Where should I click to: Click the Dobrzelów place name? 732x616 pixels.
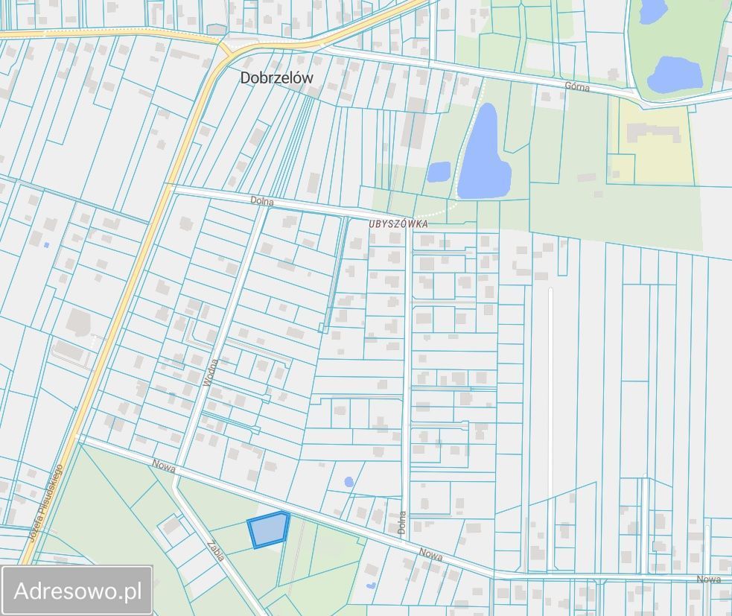click(276, 77)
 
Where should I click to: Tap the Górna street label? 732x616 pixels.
click(577, 87)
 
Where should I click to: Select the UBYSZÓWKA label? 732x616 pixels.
click(398, 223)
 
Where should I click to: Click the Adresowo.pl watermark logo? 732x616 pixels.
click(77, 591)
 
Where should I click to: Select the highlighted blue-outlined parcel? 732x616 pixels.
click(268, 530)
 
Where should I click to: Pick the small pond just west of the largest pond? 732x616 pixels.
click(439, 172)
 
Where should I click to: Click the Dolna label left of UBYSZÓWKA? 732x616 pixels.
click(262, 201)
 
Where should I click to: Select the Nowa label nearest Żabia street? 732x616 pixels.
click(163, 465)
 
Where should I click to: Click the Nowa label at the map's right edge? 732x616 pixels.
click(709, 579)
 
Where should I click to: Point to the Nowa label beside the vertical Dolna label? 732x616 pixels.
click(430, 554)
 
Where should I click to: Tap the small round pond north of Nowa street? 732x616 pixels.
click(349, 482)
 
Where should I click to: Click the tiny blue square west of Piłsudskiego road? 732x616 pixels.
click(47, 244)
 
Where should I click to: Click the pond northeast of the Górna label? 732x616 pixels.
click(675, 74)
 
